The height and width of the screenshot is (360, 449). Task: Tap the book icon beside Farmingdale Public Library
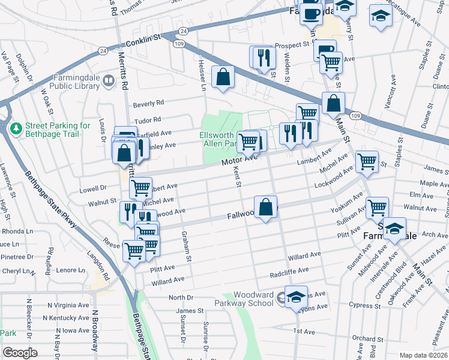(109, 80)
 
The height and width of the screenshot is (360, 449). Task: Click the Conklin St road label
(144, 40)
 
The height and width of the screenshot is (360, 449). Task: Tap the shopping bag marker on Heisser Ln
(223, 77)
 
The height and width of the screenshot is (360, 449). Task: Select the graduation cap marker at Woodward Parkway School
(296, 297)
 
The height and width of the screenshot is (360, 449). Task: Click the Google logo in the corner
(20, 353)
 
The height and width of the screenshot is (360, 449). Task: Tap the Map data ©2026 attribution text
(423, 355)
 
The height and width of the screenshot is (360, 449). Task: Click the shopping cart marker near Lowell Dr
(140, 187)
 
